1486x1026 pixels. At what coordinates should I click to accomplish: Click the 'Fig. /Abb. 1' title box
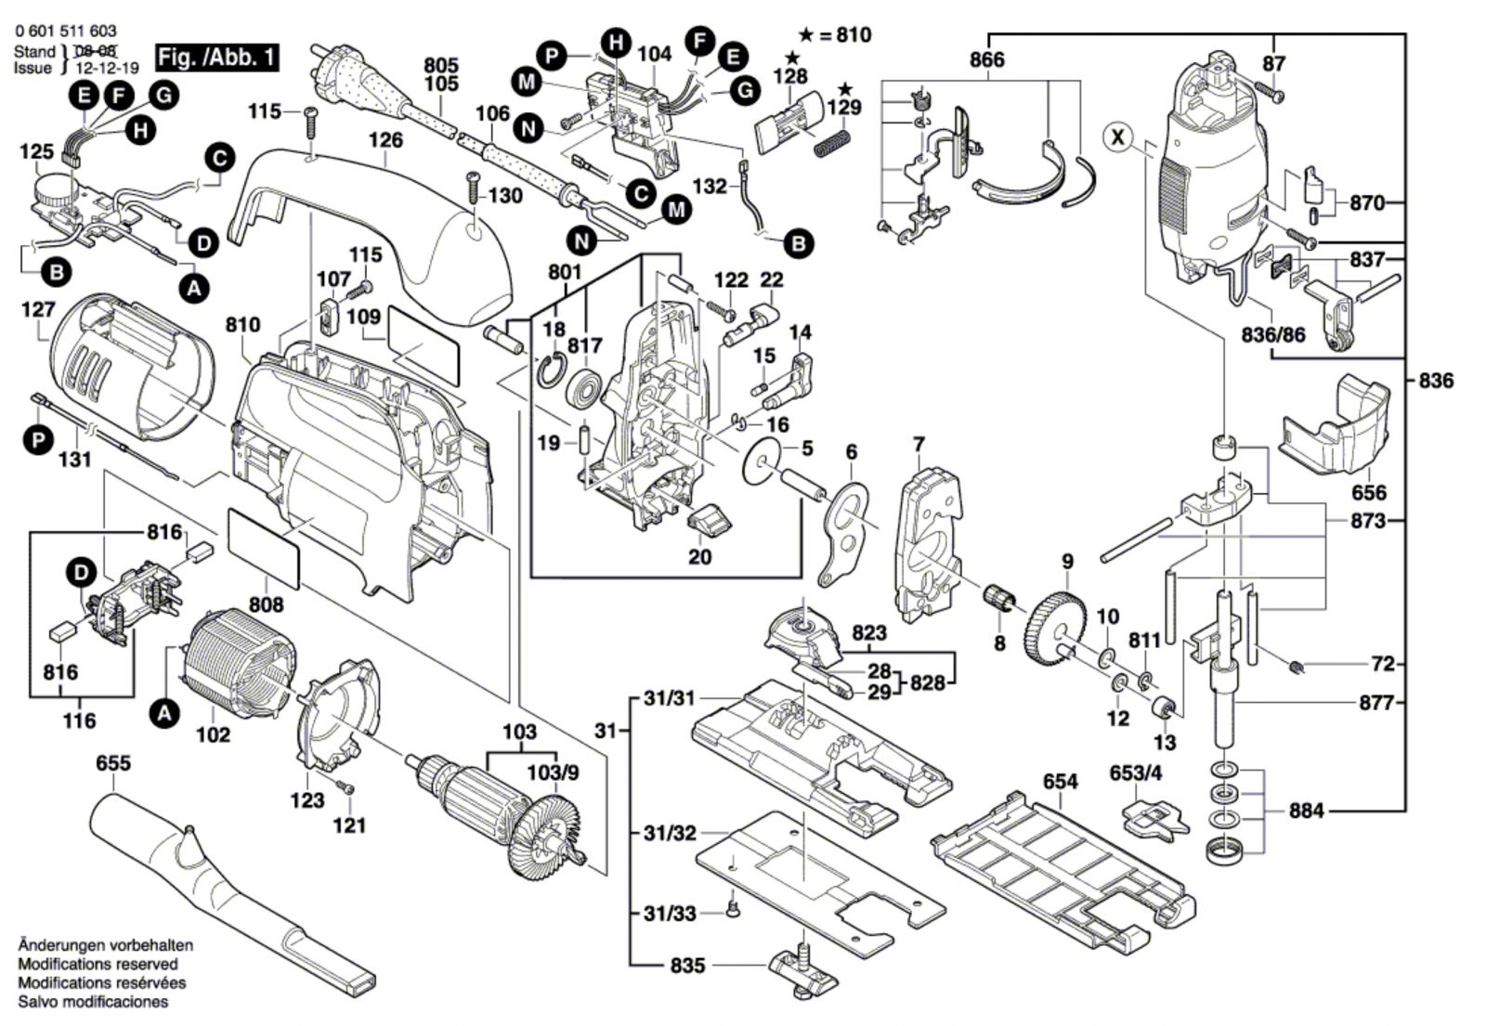(217, 58)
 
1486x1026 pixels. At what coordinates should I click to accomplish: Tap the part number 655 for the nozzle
(113, 763)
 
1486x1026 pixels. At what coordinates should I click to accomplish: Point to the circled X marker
(1119, 137)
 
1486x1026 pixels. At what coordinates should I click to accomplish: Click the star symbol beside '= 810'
(806, 35)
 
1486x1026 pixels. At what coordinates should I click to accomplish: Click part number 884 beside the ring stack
(1306, 811)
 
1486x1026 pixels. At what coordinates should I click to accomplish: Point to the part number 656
(1368, 493)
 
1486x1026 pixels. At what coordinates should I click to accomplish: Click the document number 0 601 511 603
(66, 32)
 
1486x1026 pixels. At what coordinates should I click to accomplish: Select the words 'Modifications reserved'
(98, 965)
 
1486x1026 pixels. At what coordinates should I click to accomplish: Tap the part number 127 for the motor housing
(37, 310)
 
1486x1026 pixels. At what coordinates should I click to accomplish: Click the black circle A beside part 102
(164, 713)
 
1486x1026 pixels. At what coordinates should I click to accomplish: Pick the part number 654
(1060, 782)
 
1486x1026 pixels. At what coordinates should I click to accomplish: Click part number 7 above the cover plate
(919, 445)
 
